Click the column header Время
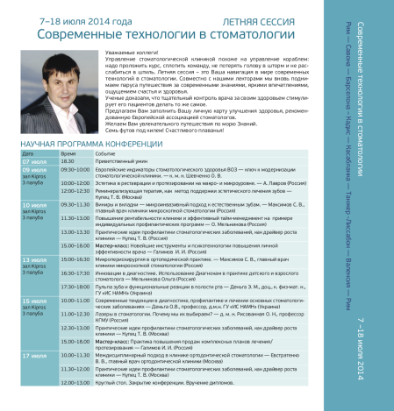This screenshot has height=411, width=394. coord(68,152)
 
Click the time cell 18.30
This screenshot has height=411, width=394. coord(68,161)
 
